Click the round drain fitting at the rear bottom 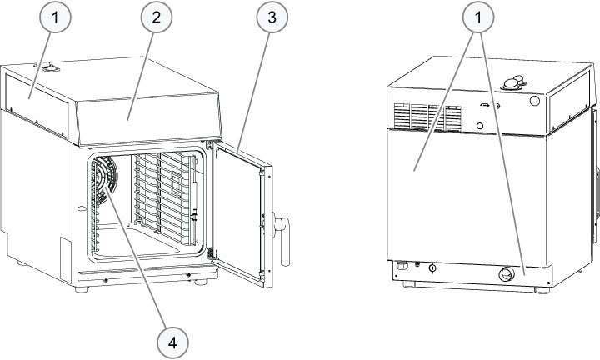click(505, 275)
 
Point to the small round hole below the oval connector click(479, 126)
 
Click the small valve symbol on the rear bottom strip click(432, 267)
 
